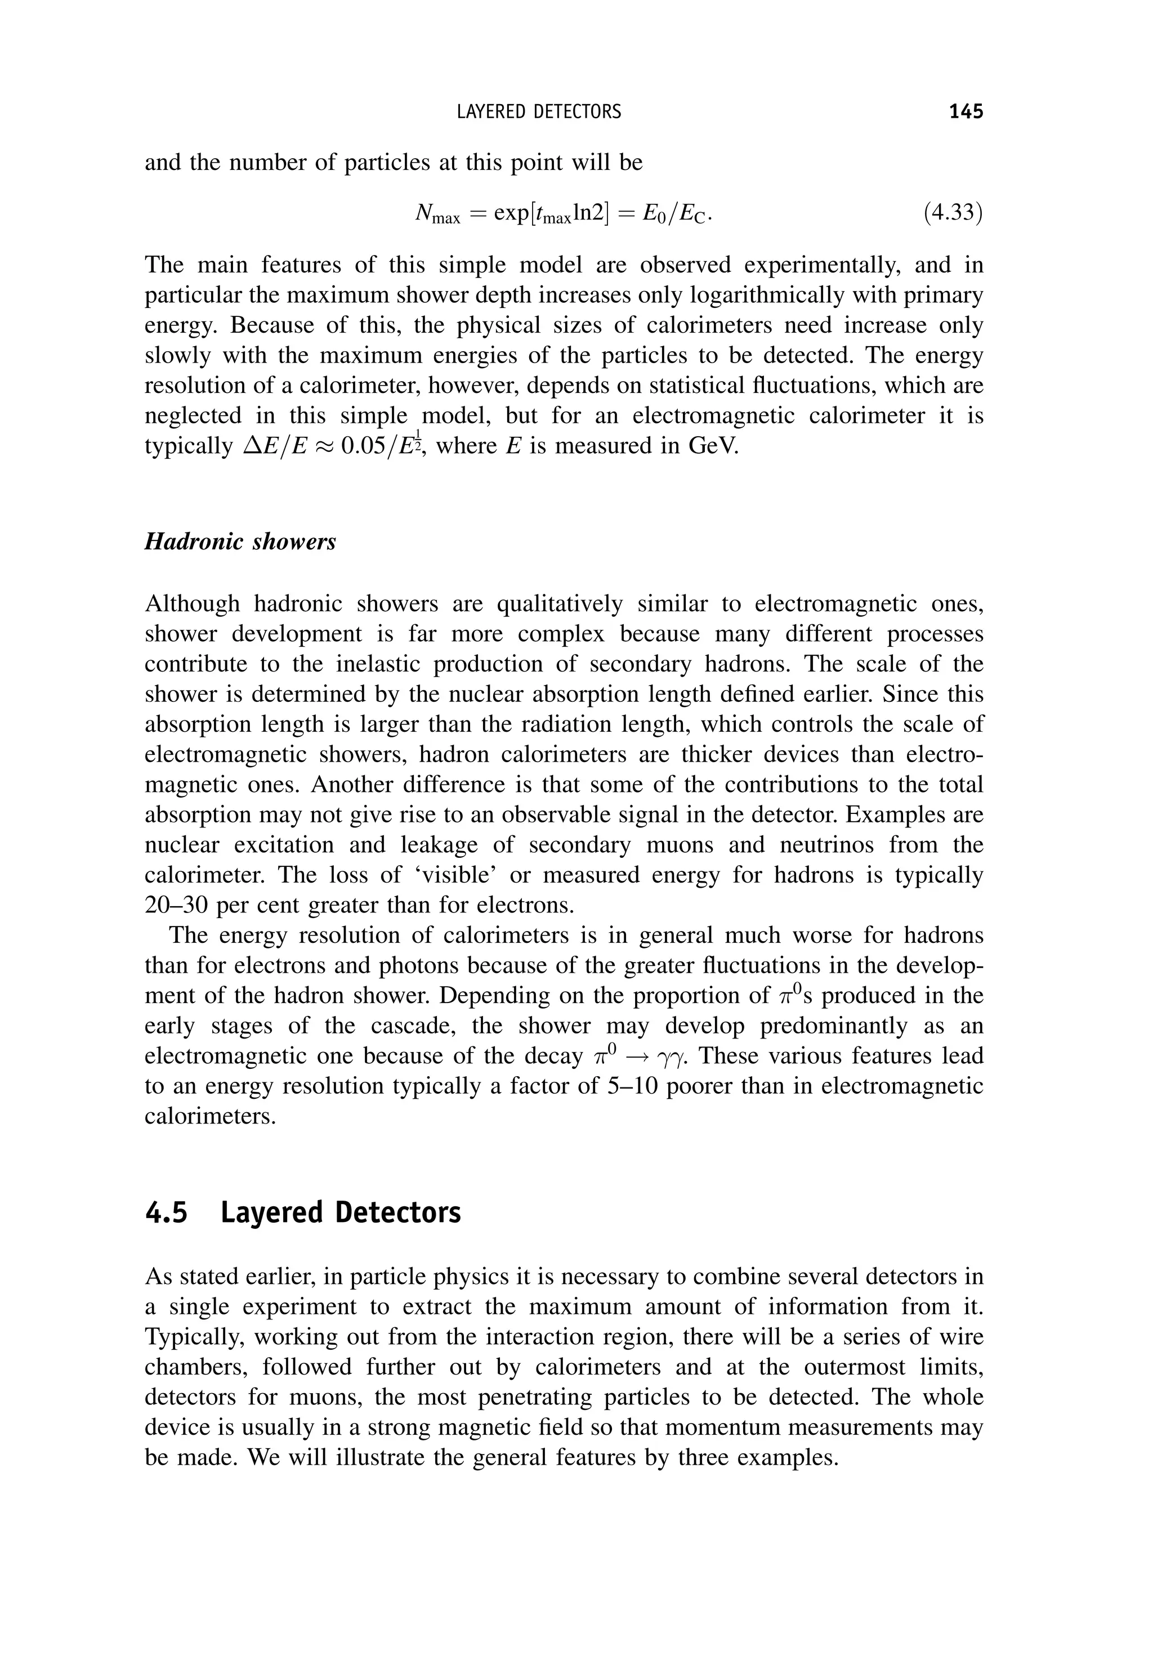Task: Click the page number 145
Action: pos(966,111)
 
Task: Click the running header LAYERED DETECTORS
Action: pos(539,112)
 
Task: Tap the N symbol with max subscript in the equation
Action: pos(436,214)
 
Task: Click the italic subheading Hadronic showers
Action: pos(240,541)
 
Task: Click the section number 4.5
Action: pos(166,1212)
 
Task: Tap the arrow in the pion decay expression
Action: pos(637,1057)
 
